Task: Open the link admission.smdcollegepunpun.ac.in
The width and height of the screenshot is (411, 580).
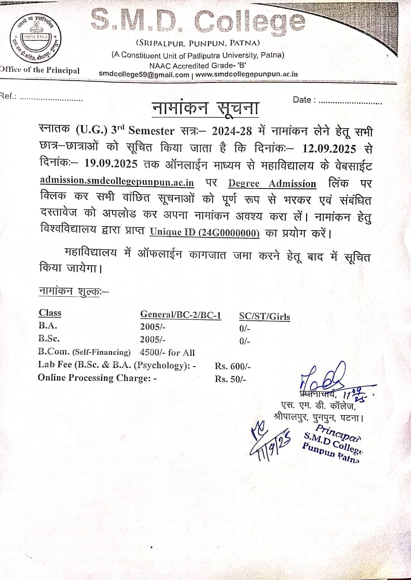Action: coord(117,182)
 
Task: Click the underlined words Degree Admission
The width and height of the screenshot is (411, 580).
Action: coord(272,183)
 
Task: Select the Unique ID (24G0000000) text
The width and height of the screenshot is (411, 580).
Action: coord(205,233)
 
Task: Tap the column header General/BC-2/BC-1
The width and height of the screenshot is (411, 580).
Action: coord(181,314)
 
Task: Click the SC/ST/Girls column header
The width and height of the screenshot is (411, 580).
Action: coord(264,317)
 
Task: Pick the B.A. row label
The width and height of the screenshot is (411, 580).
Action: coord(48,325)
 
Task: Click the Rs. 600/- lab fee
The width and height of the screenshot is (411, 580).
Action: coord(233,366)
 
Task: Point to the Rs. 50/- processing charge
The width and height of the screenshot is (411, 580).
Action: coord(230,379)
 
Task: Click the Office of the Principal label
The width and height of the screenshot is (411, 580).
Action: coord(40,70)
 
